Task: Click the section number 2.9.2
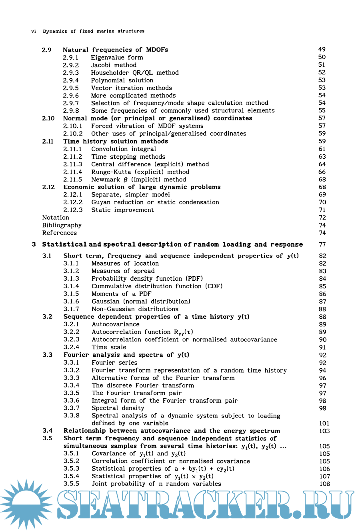point(71,65)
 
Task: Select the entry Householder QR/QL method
point(134,73)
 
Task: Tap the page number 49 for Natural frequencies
point(322,50)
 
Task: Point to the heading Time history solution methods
point(116,142)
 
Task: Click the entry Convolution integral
point(124,149)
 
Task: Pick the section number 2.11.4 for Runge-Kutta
point(72,172)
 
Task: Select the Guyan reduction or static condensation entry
point(155,202)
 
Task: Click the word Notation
point(56,218)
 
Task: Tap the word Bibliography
point(62,226)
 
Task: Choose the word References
point(59,233)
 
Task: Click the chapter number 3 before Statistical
point(34,244)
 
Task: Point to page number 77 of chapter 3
point(322,244)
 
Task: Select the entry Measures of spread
point(123,271)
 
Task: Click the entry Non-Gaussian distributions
point(135,309)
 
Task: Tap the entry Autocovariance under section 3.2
point(115,324)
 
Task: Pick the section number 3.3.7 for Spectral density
point(71,408)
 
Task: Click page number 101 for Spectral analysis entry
point(324,423)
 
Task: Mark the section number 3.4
point(47,431)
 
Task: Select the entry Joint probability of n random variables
point(156,484)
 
